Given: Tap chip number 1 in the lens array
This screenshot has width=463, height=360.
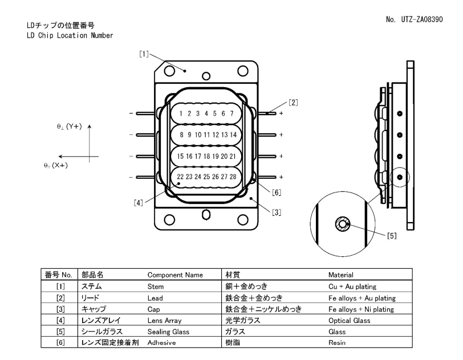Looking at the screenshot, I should pyautogui.click(x=181, y=113).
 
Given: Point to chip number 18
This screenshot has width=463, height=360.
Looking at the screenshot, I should pyautogui.click(x=206, y=156).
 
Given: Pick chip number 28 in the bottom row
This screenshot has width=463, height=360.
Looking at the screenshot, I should pyautogui.click(x=232, y=177).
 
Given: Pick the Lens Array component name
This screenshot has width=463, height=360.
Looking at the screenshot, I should pyautogui.click(x=164, y=320).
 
